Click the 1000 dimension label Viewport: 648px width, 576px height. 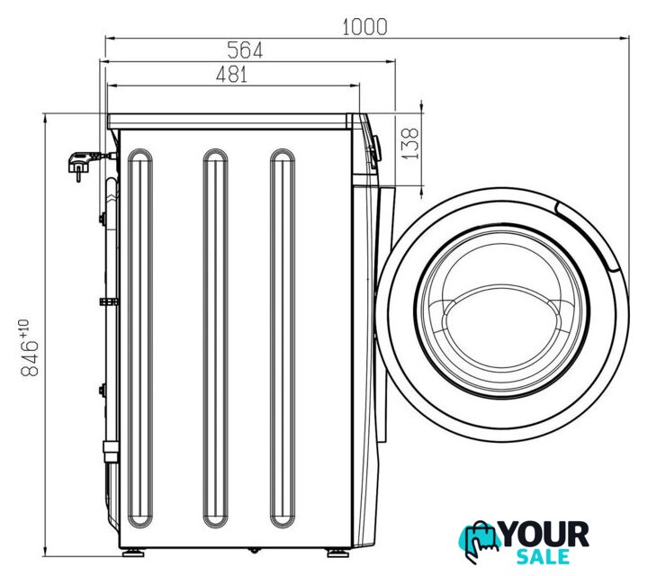point(364,27)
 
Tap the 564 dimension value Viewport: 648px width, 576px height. point(245,50)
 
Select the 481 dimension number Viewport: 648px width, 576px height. point(231,75)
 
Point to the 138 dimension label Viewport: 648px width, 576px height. point(410,143)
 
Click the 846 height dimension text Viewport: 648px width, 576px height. point(30,358)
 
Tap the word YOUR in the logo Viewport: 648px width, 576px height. point(544,535)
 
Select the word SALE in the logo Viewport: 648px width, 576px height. point(543,557)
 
